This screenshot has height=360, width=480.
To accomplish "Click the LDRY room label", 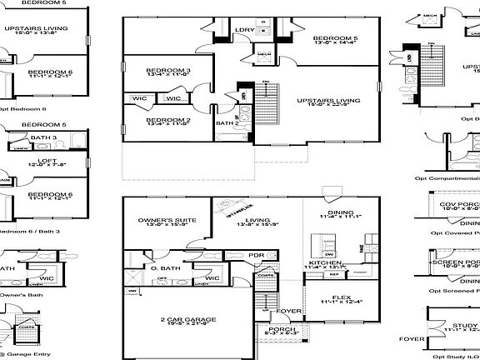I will pyautogui.click(x=244, y=31).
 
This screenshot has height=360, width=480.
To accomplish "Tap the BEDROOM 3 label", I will pyautogui.click(x=168, y=71).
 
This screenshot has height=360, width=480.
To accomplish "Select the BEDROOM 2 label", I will pyautogui.click(x=168, y=120).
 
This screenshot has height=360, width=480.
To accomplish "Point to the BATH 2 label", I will pyautogui.click(x=225, y=124).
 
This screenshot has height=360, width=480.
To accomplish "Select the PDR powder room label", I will pyautogui.click(x=257, y=255).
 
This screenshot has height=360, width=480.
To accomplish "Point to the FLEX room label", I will pyautogui.click(x=341, y=295).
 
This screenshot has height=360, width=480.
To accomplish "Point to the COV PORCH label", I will pyautogui.click(x=461, y=203).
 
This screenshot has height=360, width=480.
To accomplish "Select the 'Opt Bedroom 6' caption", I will pyautogui.click(x=22, y=108).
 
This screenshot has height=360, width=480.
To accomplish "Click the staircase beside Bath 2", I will pyautogui.click(x=265, y=105).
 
